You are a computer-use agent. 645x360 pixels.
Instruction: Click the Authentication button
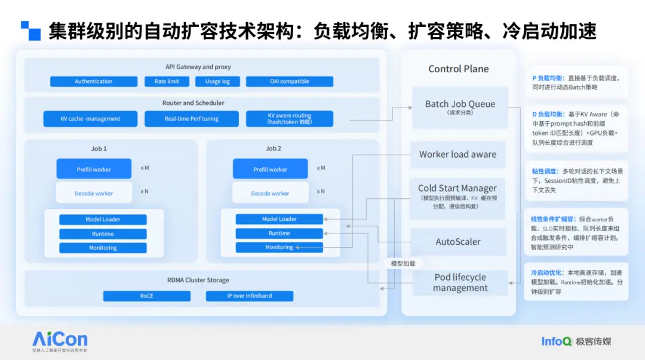click(x=94, y=81)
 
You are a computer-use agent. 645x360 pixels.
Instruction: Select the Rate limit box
click(x=167, y=81)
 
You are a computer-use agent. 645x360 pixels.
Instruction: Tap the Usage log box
click(x=217, y=81)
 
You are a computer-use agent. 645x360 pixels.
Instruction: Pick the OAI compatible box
click(x=290, y=81)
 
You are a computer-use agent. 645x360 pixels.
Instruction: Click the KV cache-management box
click(x=91, y=119)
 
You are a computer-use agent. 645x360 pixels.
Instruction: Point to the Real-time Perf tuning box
click(x=192, y=119)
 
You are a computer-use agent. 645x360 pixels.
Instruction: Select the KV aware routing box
click(x=290, y=119)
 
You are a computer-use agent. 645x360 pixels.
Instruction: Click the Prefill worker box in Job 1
click(x=94, y=169)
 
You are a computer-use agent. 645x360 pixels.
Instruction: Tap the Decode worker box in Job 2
click(x=271, y=193)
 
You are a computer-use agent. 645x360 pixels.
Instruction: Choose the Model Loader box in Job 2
click(x=279, y=219)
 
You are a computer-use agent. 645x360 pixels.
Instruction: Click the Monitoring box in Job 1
click(x=103, y=248)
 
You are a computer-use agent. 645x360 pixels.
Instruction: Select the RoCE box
click(x=147, y=296)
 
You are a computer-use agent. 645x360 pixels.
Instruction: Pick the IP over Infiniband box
click(x=250, y=296)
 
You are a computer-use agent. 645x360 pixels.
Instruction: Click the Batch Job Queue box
click(x=460, y=107)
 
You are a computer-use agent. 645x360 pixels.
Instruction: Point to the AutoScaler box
click(x=458, y=242)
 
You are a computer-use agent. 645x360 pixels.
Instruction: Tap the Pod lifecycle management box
click(x=460, y=282)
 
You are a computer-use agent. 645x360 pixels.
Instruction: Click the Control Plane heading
click(x=459, y=69)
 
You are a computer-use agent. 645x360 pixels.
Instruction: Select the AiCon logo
click(x=60, y=341)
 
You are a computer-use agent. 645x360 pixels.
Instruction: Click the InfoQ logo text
click(x=557, y=341)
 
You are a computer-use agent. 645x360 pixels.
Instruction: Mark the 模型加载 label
click(x=403, y=264)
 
